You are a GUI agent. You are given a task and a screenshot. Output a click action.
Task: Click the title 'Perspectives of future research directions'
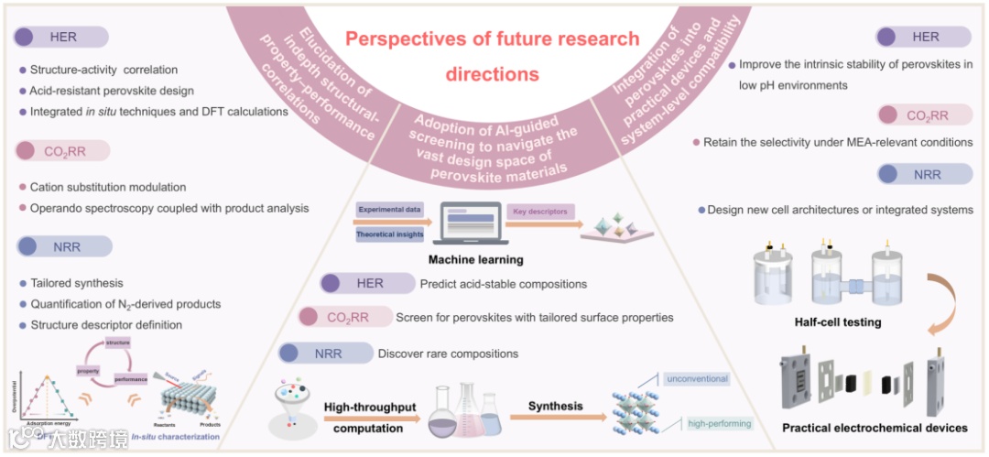point(492,56)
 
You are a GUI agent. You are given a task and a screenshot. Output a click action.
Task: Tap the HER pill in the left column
point(61,38)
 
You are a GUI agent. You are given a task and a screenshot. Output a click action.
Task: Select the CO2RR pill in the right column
point(924,114)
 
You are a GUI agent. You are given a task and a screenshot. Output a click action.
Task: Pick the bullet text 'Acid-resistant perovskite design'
point(112,91)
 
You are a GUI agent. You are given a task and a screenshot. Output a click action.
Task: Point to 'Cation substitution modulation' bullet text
point(108,187)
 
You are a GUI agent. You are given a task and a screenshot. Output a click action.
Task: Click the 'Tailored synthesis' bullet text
point(77,283)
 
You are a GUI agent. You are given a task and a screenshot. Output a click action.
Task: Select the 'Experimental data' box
point(389,210)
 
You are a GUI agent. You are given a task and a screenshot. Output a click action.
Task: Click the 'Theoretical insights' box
point(389,235)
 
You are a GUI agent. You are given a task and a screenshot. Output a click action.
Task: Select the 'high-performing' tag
point(720,423)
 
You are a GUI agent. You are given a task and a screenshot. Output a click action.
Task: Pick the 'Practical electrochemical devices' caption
point(875,428)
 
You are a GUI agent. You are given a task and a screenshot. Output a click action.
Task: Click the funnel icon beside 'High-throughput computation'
point(291,404)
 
